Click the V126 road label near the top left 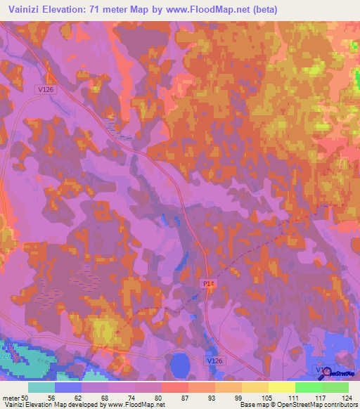(x=44, y=90)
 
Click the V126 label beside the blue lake (x=216, y=361)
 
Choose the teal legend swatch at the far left (x=41, y=387)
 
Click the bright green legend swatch (x=308, y=387)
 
